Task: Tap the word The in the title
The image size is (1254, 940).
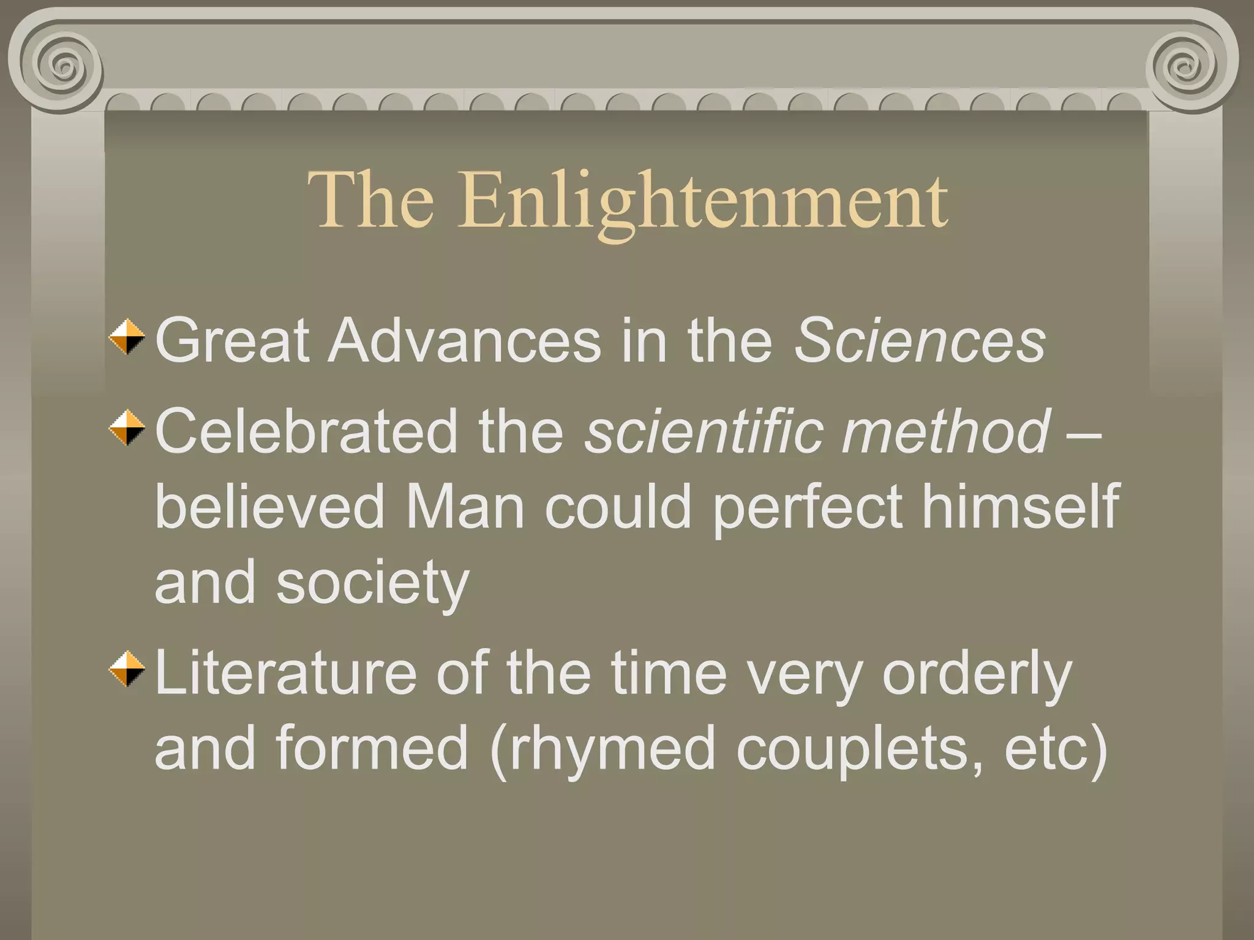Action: (x=371, y=200)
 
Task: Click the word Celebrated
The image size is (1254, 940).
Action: (x=306, y=431)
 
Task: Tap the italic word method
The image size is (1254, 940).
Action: (x=946, y=431)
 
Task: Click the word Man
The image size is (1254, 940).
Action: (x=465, y=507)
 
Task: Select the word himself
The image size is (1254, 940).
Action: (x=1020, y=507)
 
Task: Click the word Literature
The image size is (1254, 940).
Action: (x=285, y=673)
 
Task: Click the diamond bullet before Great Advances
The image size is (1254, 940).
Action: (x=127, y=337)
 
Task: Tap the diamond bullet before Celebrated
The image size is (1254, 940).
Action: (x=127, y=427)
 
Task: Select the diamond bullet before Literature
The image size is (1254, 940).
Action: (x=127, y=669)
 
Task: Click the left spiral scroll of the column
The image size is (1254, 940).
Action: (x=62, y=65)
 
